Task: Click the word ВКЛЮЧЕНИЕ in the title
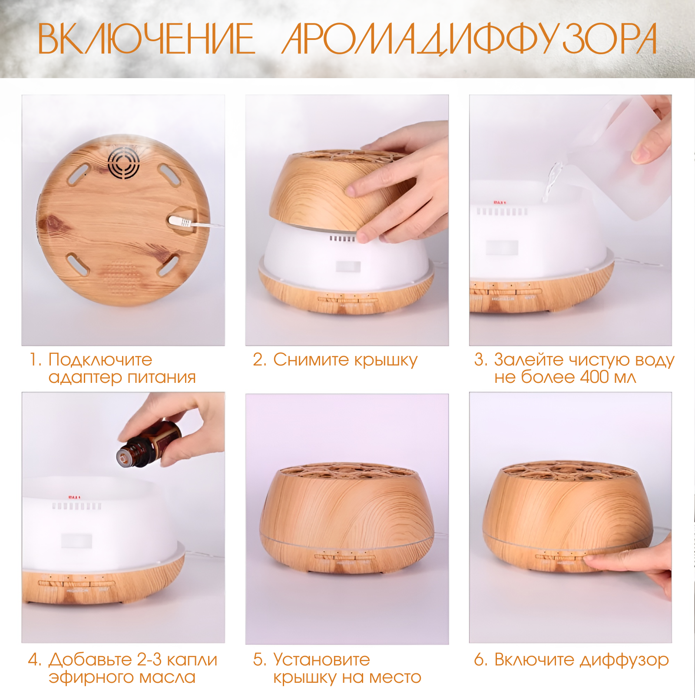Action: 146,39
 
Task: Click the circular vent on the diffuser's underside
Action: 124,162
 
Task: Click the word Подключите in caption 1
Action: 100,360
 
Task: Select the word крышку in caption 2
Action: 386,360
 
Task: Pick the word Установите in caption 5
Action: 321,660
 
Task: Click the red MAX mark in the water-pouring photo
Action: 500,202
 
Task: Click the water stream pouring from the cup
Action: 551,182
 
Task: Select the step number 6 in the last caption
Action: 480,660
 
